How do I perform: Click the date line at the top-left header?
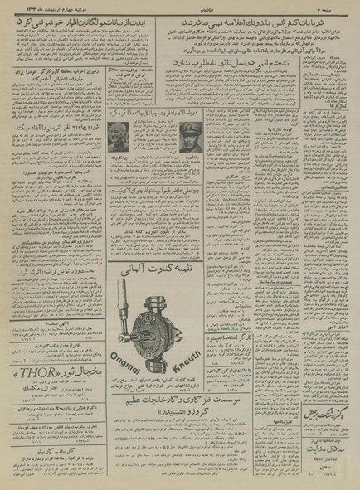pos(50,6)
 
